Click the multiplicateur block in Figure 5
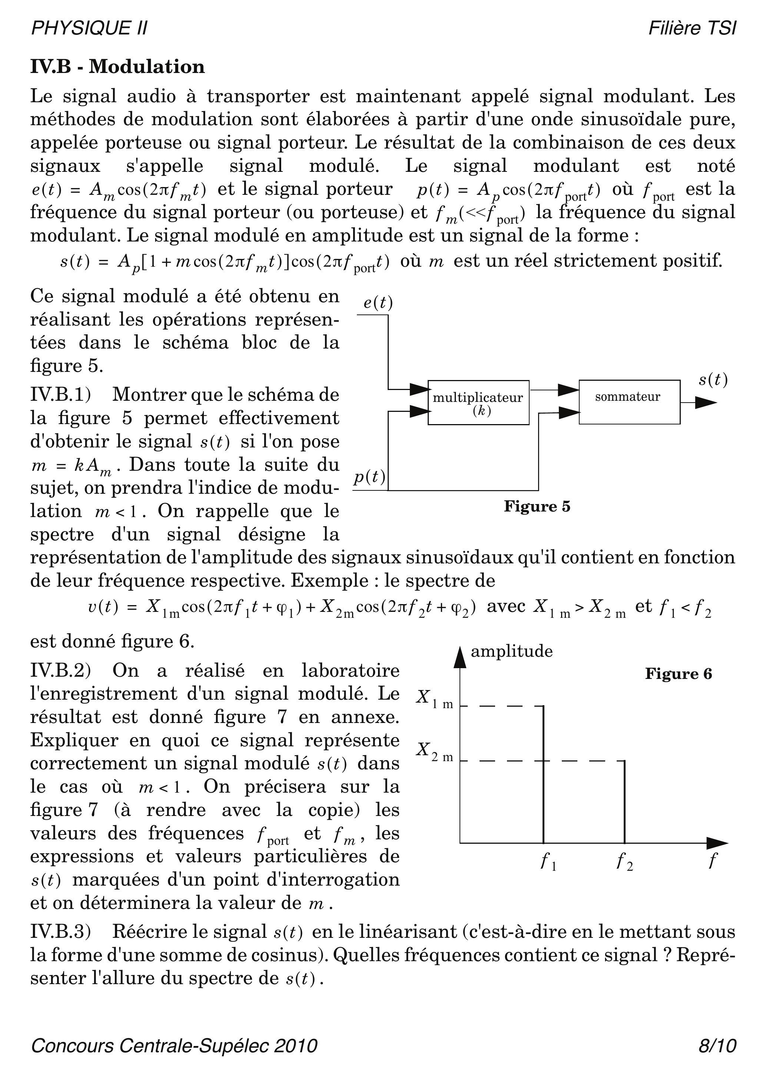[478, 402]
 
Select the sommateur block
[629, 402]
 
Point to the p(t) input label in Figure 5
[369, 477]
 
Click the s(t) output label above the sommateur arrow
[713, 379]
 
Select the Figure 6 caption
[678, 674]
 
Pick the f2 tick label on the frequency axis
[624, 862]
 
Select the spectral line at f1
[544, 774]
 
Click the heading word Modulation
[147, 67]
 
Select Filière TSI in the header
[692, 28]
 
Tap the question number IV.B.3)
[60, 932]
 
